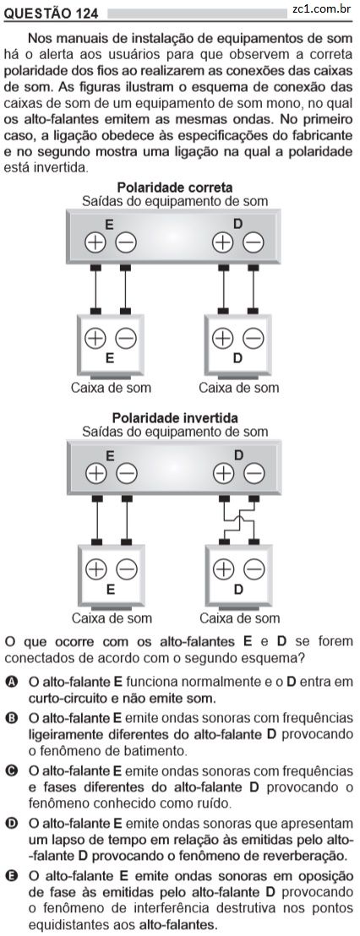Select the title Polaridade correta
click(175, 188)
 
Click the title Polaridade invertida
click(175, 418)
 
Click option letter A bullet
click(11, 682)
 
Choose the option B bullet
click(11, 718)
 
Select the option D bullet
click(11, 824)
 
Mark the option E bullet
click(11, 877)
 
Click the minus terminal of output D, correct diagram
click(254, 242)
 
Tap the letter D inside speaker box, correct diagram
click(237, 359)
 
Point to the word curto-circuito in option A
click(65, 698)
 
